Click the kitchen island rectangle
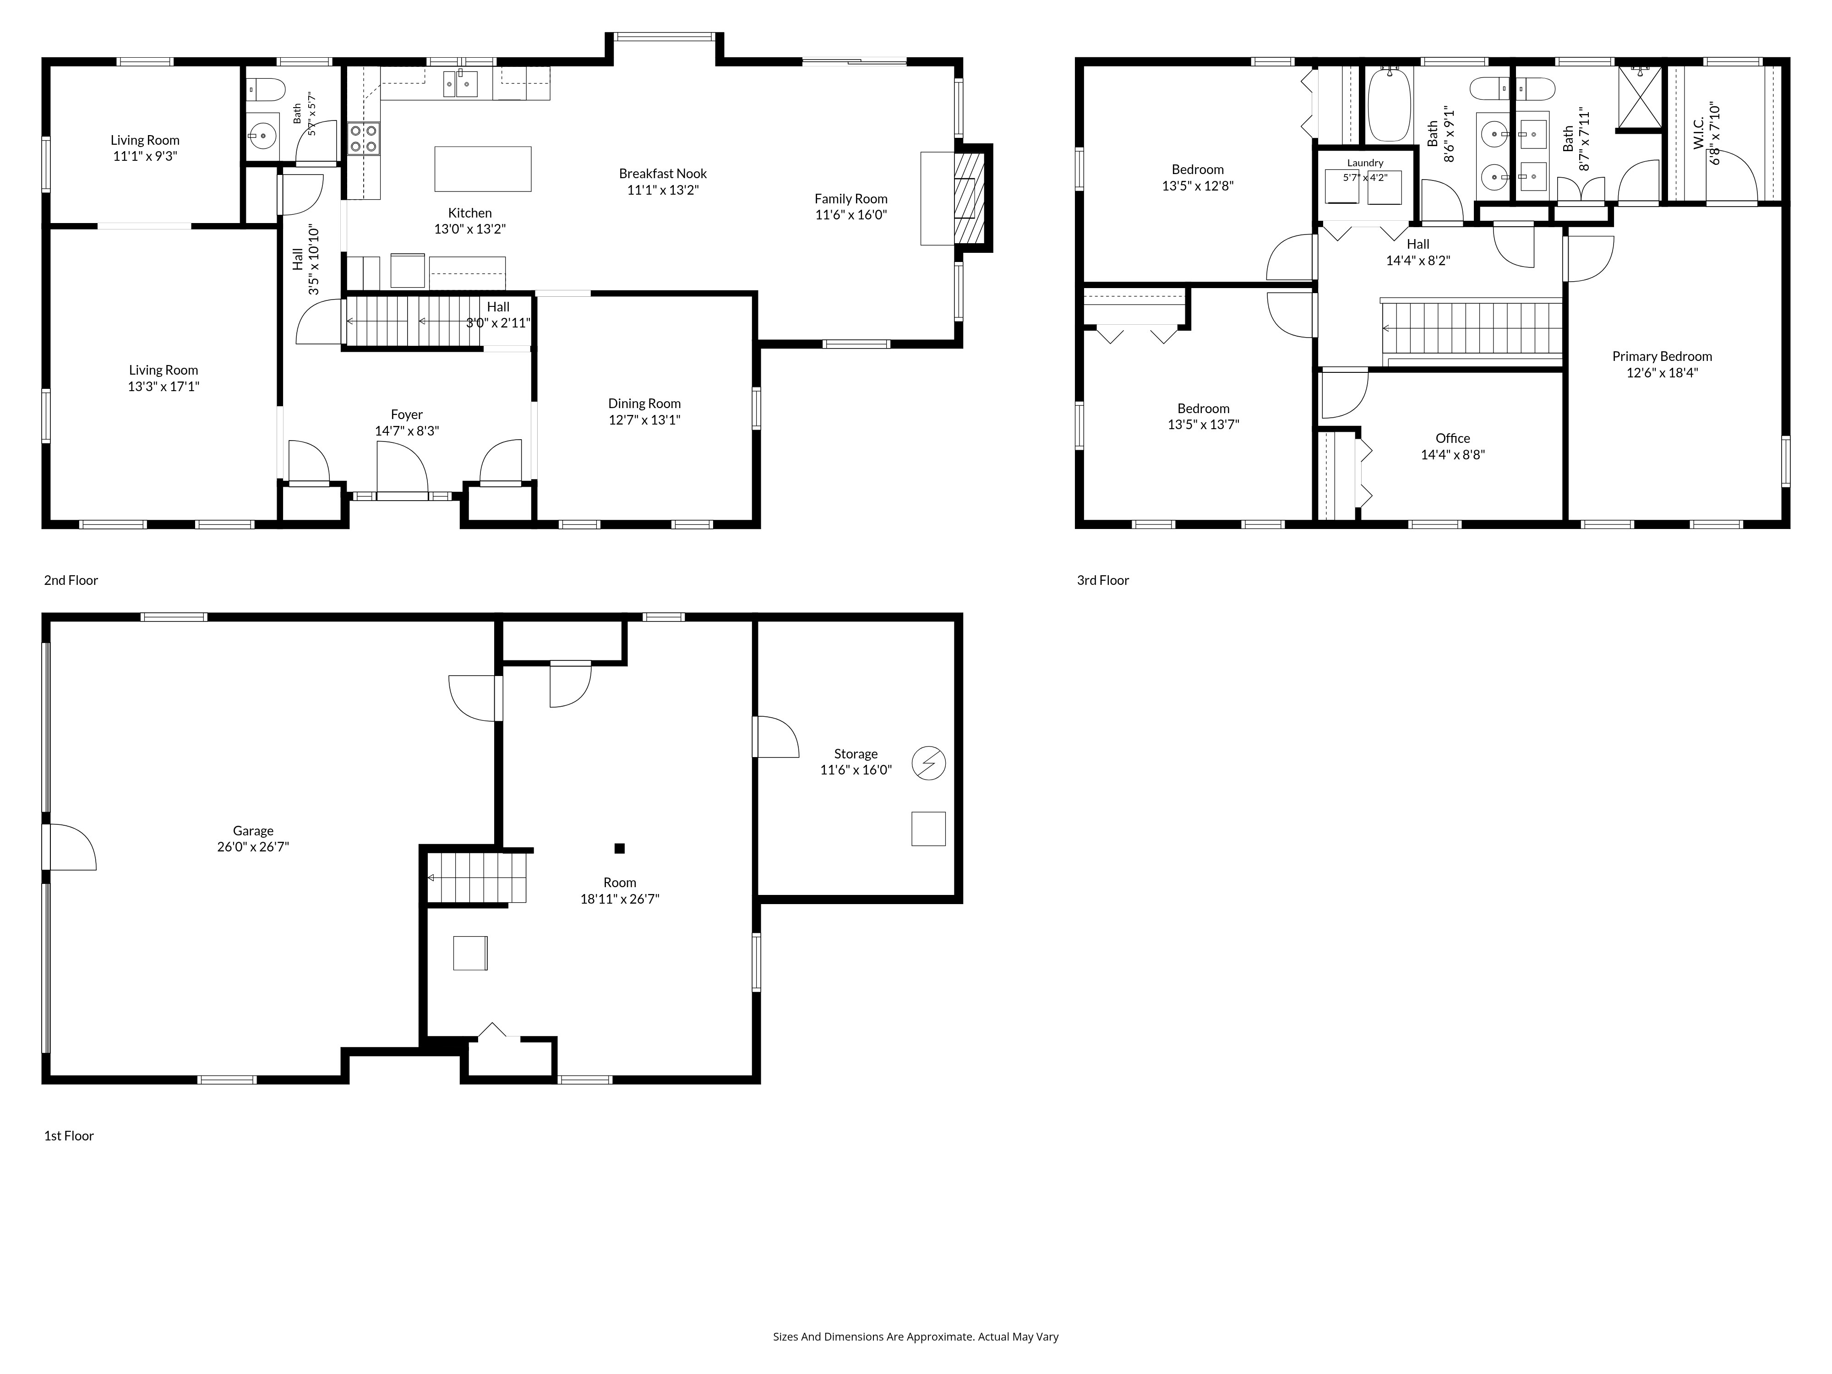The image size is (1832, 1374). (483, 169)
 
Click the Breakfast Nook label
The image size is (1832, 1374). (663, 173)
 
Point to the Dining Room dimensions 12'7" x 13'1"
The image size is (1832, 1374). (644, 420)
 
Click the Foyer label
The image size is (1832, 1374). (407, 414)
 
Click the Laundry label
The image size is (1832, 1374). (1365, 163)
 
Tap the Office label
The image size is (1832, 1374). (1453, 438)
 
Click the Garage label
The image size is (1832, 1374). (253, 831)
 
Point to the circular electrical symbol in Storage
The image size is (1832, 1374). (928, 763)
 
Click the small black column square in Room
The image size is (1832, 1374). (620, 848)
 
